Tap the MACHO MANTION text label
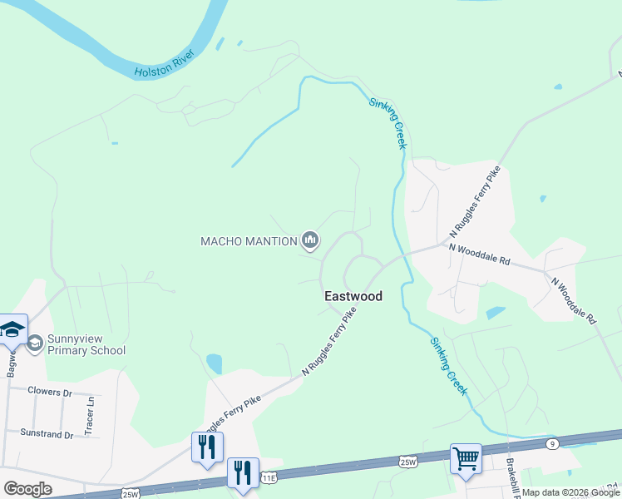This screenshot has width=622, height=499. coord(249,241)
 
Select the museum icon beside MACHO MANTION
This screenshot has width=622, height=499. coord(310,241)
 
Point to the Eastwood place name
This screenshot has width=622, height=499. coord(353,296)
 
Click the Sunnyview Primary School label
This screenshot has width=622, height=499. coord(86,344)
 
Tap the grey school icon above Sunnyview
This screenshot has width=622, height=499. coord(35,343)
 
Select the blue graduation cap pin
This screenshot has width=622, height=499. coord(13,329)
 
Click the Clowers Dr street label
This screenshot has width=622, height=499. coord(50,391)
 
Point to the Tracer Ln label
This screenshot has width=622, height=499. coord(90,416)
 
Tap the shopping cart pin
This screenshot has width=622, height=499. coord(466,458)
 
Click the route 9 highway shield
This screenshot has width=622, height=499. coord(552,444)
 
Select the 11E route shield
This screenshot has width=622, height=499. coord(268,478)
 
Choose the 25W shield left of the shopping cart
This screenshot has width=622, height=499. coord(407,462)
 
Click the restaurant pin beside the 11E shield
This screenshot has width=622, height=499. coord(243,473)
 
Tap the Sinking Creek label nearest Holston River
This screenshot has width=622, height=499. coord(388,120)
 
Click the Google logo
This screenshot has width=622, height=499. coord(27,489)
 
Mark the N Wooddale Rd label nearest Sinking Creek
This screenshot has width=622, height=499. coord(479,253)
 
